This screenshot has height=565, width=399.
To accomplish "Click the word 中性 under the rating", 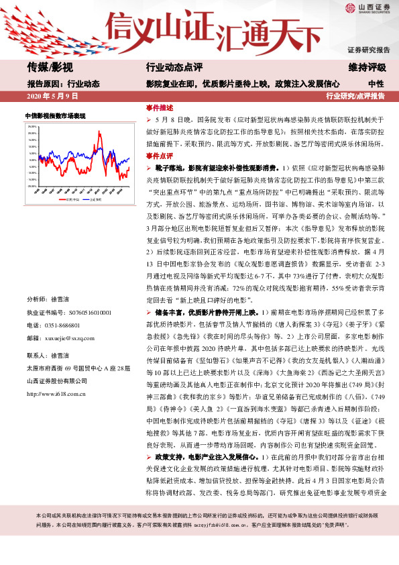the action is point(376,83).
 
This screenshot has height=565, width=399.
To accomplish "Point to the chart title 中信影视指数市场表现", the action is point(56,116).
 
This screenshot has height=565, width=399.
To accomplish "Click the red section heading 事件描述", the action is point(159,107).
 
